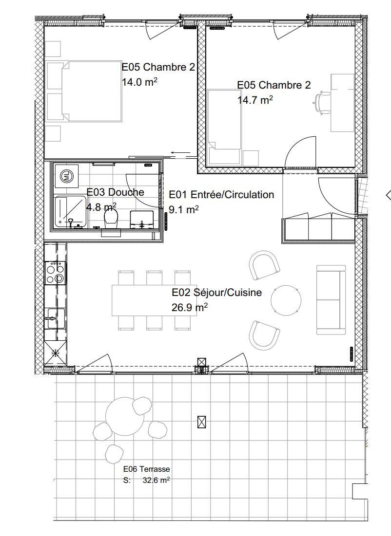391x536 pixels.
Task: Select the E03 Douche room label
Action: point(116,192)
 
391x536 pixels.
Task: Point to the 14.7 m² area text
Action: point(254,100)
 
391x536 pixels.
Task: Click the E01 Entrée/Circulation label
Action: point(221,195)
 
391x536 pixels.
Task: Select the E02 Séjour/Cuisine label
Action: point(217,293)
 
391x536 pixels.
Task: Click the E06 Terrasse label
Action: point(146,469)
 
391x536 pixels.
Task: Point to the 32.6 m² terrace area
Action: point(156,480)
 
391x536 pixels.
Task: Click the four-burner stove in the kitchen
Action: point(54,273)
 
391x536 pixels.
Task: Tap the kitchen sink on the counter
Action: point(55,319)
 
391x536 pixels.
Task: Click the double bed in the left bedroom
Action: point(84,91)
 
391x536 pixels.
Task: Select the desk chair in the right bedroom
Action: point(322,102)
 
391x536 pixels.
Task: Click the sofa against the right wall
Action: point(331,299)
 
